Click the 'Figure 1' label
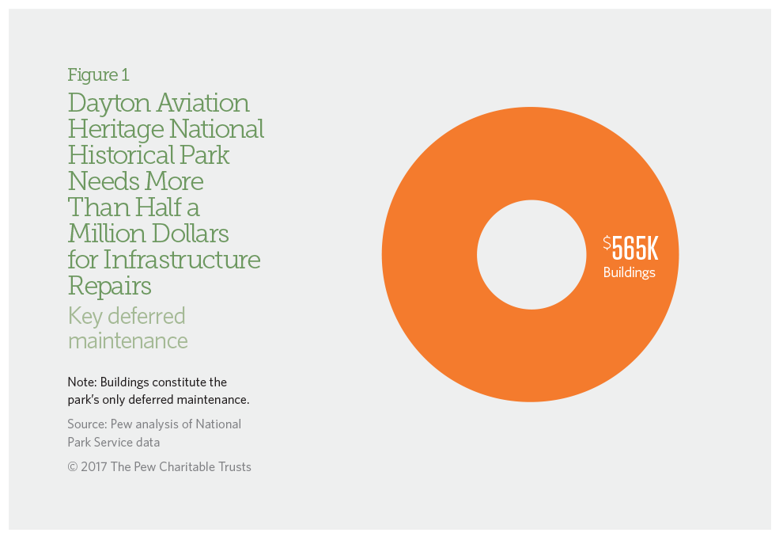tap(98, 75)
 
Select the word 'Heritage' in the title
tap(114, 129)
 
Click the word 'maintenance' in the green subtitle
tap(127, 341)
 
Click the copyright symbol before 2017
tap(73, 467)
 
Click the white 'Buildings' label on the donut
tap(630, 273)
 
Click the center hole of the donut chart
tap(530, 254)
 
